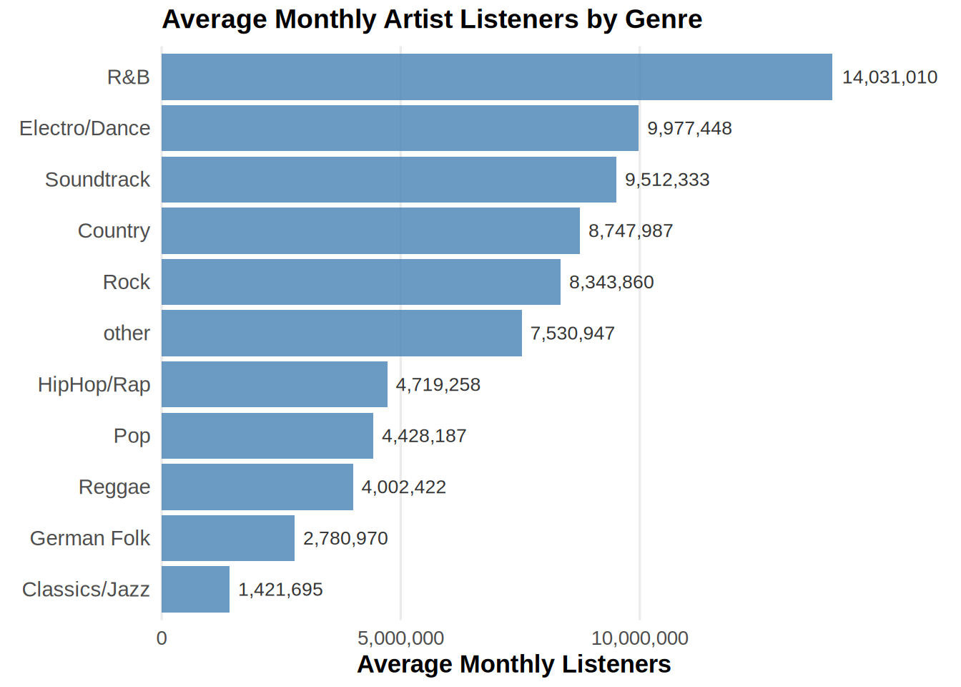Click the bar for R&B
496,77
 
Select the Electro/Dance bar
400,128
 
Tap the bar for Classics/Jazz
195,589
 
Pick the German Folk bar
227,538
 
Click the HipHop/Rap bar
274,384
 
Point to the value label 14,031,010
889,77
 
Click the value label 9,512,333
667,180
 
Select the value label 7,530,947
572,333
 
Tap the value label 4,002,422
403,487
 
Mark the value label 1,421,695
280,590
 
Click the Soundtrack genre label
97,180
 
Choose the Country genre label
114,231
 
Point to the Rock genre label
126,282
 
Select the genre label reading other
127,333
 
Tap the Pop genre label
132,436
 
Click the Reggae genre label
114,487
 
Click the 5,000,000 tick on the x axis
400,638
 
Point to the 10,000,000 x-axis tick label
639,638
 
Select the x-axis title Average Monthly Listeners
513,664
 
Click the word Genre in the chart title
663,19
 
